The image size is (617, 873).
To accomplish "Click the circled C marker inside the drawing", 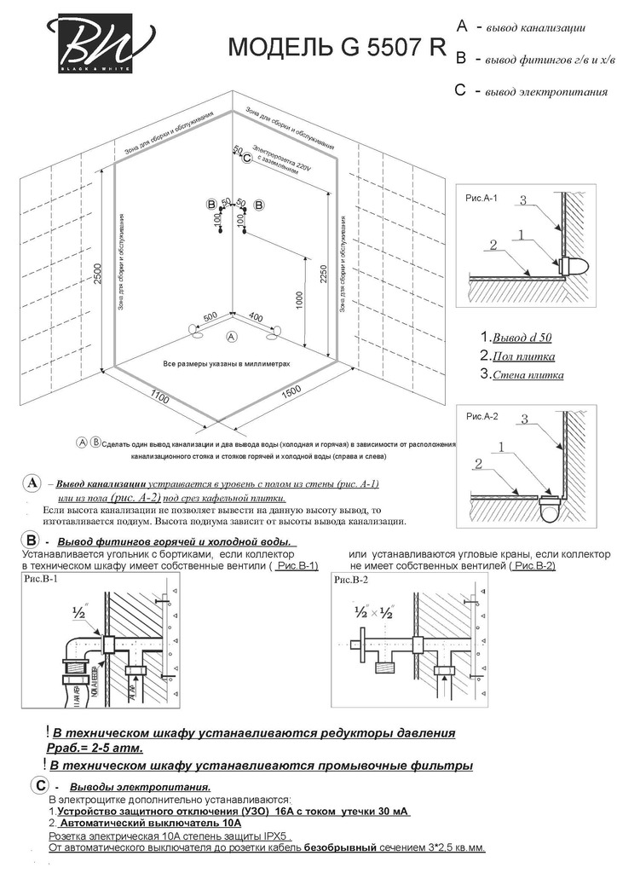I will (x=247, y=159).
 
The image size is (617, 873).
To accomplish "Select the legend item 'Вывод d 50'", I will (x=516, y=338).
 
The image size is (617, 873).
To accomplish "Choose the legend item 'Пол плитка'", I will (x=517, y=356).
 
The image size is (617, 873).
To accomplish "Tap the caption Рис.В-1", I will (x=37, y=580).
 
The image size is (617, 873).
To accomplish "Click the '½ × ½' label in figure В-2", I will (x=372, y=611).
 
